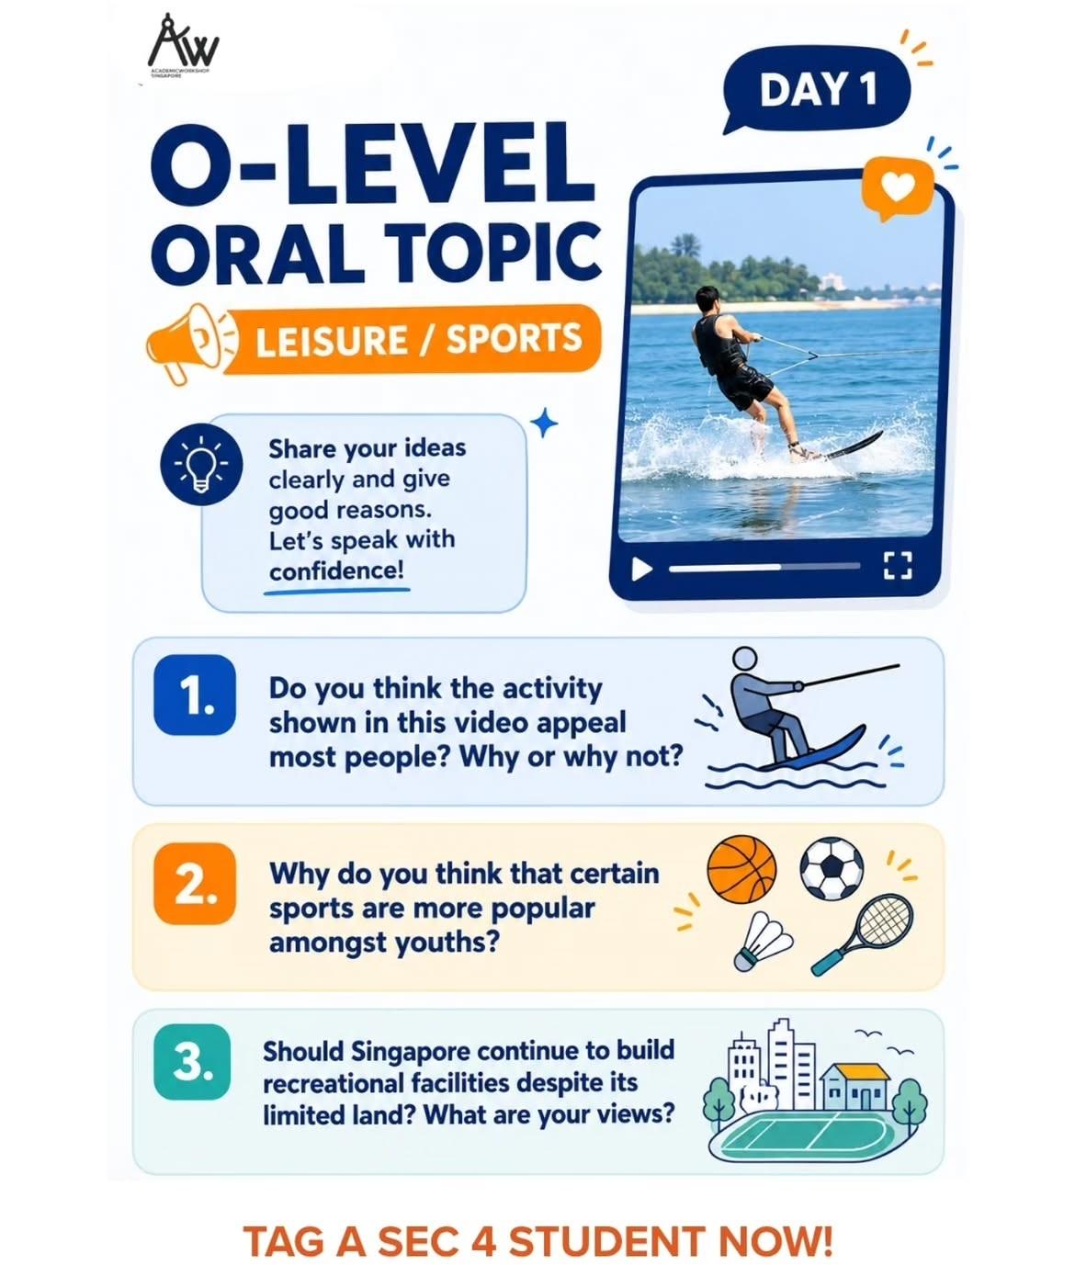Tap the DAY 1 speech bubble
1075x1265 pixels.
point(815,89)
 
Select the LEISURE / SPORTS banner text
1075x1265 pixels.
point(419,338)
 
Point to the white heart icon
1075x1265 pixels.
point(897,186)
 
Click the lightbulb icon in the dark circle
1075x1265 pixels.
point(201,465)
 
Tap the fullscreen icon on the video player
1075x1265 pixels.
point(898,565)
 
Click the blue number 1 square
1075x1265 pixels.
point(194,694)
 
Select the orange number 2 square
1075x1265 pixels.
point(194,884)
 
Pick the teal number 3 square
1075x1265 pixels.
point(192,1062)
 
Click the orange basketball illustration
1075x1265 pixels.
point(741,870)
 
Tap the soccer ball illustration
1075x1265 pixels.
point(832,868)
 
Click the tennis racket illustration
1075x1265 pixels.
point(863,934)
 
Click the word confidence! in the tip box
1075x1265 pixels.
point(336,571)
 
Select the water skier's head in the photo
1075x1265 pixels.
point(707,299)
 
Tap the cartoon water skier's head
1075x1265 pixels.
point(744,659)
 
